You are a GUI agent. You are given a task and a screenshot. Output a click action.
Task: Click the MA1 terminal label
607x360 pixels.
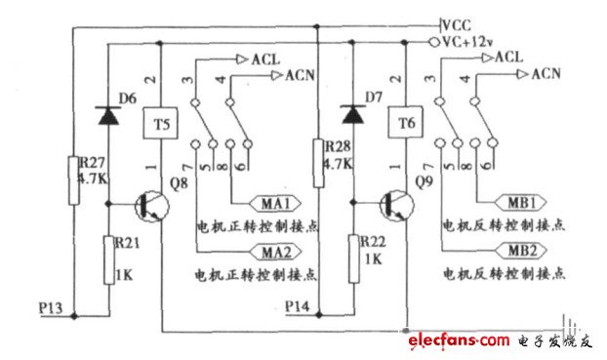274,203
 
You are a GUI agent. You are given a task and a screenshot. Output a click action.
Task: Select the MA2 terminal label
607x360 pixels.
274,252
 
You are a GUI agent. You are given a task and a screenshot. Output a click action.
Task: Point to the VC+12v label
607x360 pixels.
471,42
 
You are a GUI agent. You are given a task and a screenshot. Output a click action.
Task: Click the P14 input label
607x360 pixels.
299,306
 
